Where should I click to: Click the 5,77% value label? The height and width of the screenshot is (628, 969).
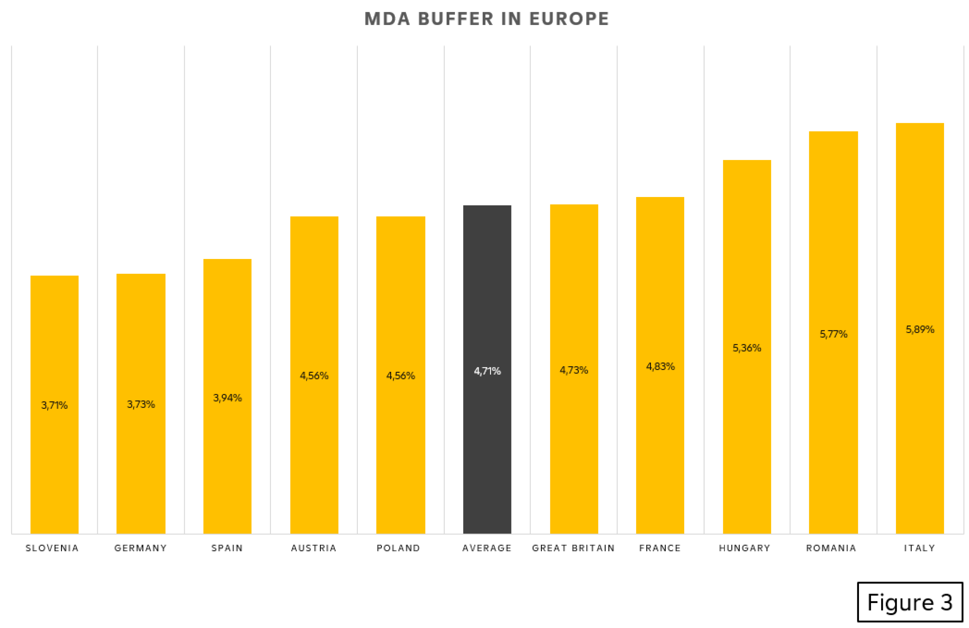click(x=833, y=334)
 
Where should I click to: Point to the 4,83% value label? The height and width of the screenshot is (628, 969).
click(x=660, y=367)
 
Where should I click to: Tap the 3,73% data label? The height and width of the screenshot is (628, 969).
click(x=141, y=404)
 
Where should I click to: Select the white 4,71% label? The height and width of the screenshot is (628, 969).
click(x=487, y=371)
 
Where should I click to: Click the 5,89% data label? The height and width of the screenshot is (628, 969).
click(x=920, y=330)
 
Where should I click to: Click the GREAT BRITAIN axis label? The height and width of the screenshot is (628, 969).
click(x=573, y=548)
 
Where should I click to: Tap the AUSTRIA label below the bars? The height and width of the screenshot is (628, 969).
click(x=314, y=548)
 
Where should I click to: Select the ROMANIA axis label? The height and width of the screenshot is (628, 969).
click(x=831, y=548)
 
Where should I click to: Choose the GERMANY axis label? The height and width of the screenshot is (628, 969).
click(x=141, y=548)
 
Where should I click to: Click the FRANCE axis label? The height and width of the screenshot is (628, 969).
click(x=660, y=548)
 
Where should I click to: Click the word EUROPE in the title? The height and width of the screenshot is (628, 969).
click(x=569, y=19)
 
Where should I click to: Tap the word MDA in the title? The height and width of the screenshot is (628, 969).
click(x=387, y=19)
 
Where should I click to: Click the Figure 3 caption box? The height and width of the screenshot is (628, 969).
click(x=910, y=602)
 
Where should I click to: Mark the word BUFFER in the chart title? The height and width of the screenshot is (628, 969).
click(x=455, y=19)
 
